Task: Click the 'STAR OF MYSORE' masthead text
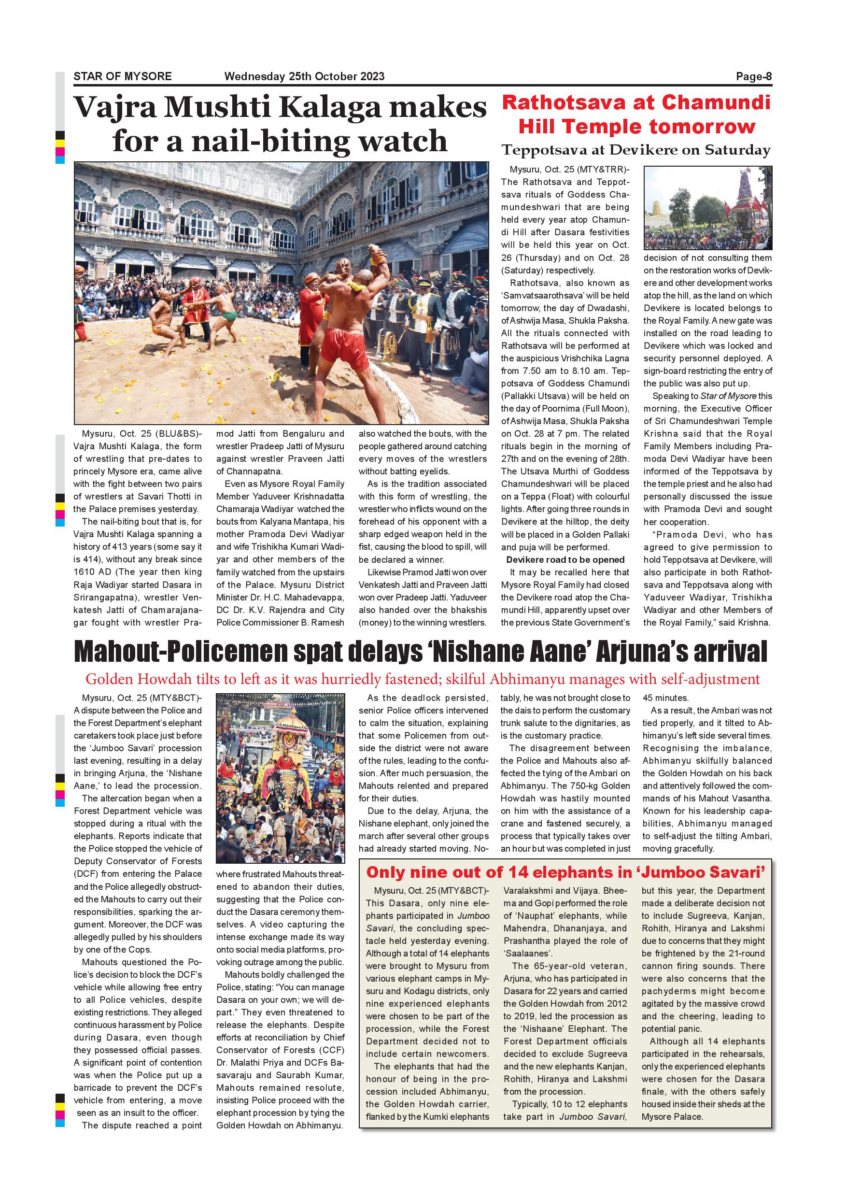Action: [123, 76]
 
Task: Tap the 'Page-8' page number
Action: [754, 76]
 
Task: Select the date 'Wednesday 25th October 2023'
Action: [304, 76]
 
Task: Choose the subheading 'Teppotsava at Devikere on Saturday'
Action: [636, 150]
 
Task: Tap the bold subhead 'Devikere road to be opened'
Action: [565, 560]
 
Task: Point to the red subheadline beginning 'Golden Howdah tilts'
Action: [423, 679]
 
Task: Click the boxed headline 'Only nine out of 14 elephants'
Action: [565, 872]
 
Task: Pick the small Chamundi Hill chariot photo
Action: [707, 208]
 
